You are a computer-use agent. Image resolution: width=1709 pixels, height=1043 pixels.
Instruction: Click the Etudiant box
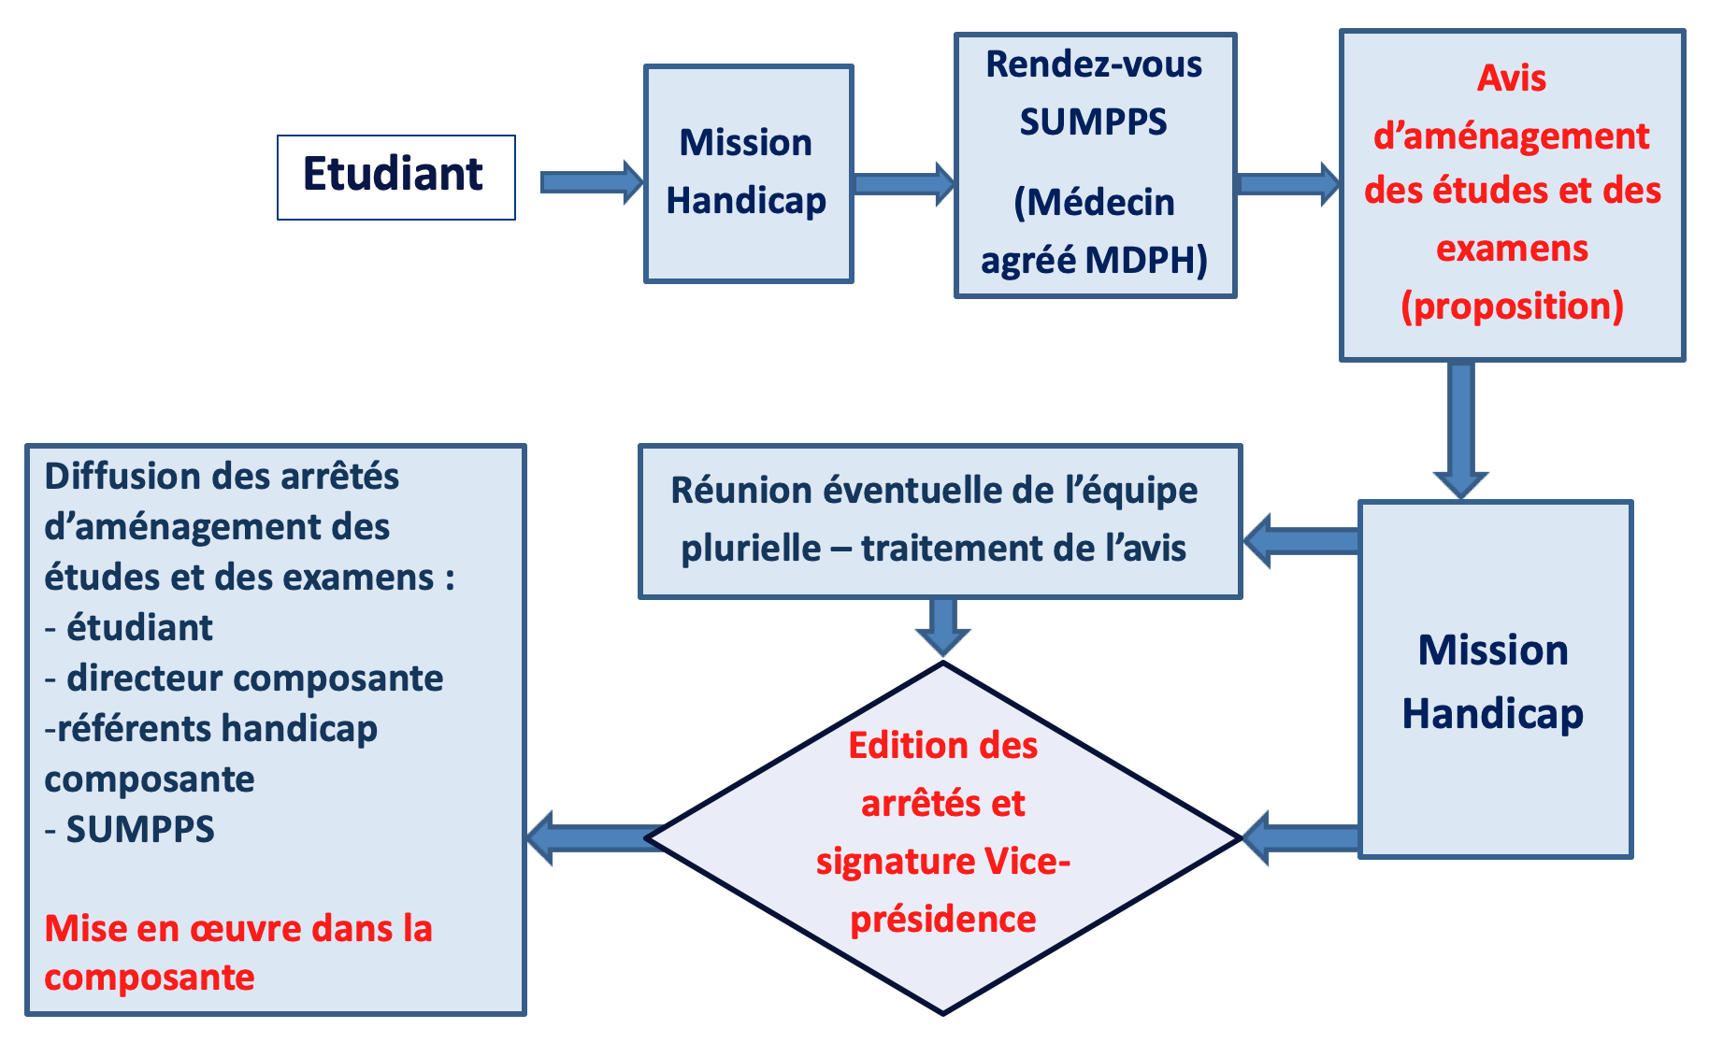tap(395, 178)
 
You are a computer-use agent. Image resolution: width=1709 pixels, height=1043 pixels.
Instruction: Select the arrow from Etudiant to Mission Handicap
tap(592, 181)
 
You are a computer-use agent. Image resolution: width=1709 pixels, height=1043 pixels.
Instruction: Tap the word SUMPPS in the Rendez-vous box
tap(1093, 122)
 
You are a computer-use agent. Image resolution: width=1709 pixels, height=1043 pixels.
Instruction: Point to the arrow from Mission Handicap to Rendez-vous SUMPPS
tap(904, 183)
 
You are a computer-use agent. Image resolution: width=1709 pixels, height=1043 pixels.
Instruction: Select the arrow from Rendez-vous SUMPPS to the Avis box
tap(1288, 183)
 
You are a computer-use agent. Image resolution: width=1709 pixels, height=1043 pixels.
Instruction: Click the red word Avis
tap(1512, 79)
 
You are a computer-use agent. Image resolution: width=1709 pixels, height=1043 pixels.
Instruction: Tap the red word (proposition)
tap(1512, 307)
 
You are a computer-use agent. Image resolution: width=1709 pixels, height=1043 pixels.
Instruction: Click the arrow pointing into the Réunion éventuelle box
tap(1300, 540)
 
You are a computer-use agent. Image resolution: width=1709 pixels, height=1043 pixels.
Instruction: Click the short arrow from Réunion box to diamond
tap(942, 627)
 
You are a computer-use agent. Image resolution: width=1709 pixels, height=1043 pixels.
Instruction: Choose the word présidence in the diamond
tap(942, 921)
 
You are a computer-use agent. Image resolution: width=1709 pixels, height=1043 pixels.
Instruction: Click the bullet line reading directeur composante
tap(244, 679)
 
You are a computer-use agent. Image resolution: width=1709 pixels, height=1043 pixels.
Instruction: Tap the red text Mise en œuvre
tap(174, 929)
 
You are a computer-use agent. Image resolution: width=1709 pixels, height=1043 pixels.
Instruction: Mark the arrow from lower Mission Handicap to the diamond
tap(1300, 837)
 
